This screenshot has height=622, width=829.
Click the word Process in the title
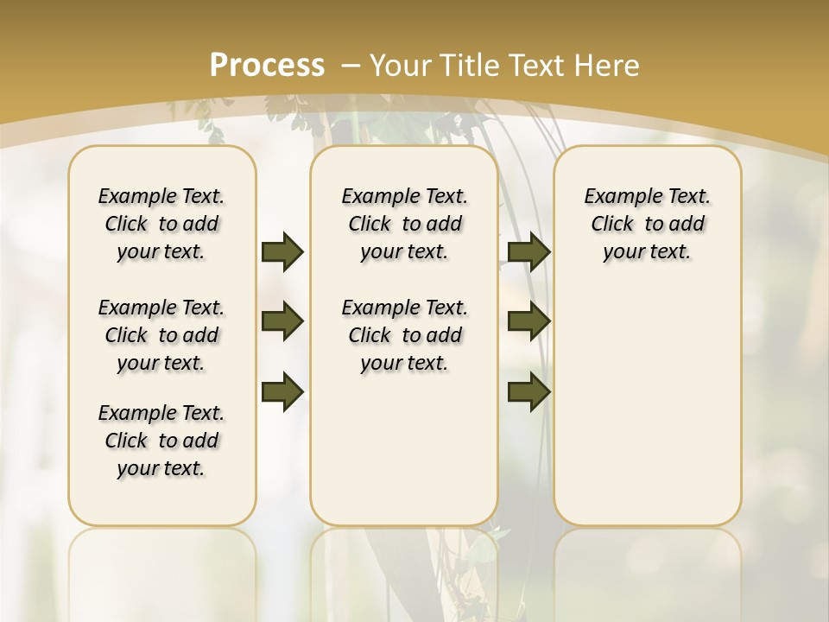click(267, 66)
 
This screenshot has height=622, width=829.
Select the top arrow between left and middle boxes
click(282, 251)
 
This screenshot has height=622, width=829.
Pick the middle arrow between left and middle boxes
click(282, 321)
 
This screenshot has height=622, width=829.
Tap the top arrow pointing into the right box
click(529, 251)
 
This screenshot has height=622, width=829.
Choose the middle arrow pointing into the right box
click(529, 321)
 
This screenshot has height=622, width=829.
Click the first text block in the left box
click(161, 224)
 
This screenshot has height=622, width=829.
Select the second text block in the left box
click(161, 335)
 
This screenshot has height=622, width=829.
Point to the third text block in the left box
click(161, 441)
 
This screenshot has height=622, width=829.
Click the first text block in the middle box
click(404, 224)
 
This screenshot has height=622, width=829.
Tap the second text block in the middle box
click(404, 335)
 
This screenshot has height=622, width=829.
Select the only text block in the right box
click(647, 224)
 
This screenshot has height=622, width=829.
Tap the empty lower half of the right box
click(647, 415)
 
